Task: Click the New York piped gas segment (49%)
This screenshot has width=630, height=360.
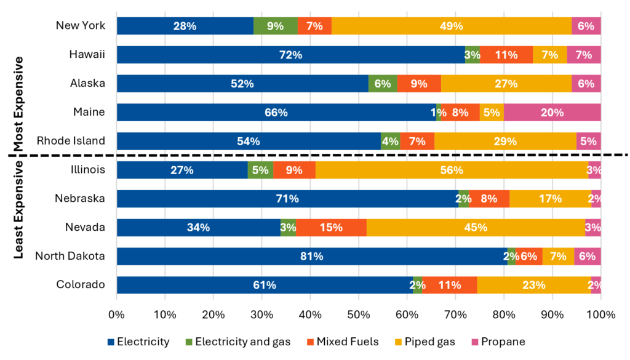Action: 452,26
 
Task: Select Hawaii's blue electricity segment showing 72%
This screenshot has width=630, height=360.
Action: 290,55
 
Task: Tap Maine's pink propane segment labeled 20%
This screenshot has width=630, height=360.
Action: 552,112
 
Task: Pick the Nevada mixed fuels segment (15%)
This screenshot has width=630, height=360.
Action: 331,227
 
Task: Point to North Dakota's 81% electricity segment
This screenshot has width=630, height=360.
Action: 311,256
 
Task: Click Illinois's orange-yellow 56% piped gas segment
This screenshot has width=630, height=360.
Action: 452,170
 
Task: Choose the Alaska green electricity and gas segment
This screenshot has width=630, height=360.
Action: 382,84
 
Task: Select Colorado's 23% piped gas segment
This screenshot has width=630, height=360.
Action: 533,285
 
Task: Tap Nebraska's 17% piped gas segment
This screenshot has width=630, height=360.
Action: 550,199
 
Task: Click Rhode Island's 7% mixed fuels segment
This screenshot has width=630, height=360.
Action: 417,141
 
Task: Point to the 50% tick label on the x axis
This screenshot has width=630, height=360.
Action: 359,315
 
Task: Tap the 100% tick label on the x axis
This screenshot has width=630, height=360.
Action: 600,315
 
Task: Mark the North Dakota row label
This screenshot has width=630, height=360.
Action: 70,256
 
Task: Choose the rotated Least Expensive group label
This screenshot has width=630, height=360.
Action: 18,209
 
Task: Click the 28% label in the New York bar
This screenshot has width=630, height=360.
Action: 185,26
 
